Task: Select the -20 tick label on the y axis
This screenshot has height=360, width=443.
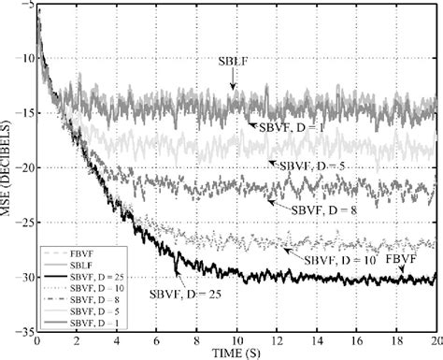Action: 22,168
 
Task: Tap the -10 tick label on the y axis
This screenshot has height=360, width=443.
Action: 22,58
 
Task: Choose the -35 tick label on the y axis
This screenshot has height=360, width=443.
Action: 22,331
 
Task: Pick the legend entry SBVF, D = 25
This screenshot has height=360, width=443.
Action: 94,277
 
